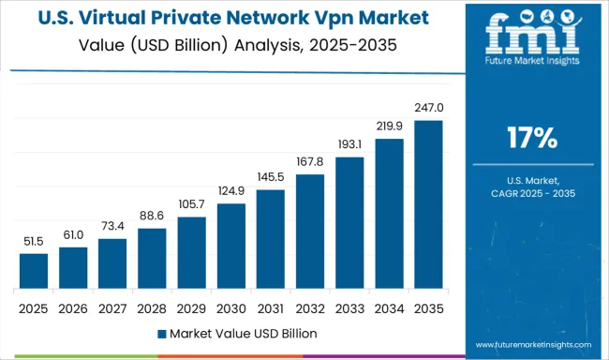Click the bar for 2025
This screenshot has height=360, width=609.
tap(34, 270)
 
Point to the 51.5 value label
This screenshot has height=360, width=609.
tap(34, 243)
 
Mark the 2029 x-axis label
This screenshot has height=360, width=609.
tap(191, 307)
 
